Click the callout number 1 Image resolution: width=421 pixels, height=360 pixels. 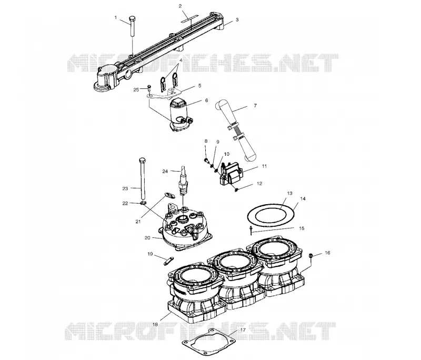pyautogui.click(x=116, y=18)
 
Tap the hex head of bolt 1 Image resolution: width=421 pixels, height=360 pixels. pyautogui.click(x=133, y=19)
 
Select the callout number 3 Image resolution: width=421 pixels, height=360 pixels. pyautogui.click(x=237, y=20)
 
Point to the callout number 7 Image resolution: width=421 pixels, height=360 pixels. pyautogui.click(x=255, y=105)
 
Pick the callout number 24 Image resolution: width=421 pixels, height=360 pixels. pyautogui.click(x=165, y=171)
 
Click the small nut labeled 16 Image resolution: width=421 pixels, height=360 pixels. pyautogui.click(x=311, y=255)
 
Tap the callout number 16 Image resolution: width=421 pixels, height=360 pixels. pyautogui.click(x=327, y=253)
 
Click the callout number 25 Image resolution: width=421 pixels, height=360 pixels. pyautogui.click(x=136, y=89)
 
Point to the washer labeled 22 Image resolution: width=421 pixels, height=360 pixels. pyautogui.click(x=143, y=203)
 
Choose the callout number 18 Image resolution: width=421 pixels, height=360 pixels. pyautogui.click(x=155, y=324)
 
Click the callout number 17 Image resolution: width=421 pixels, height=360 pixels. pyautogui.click(x=243, y=329)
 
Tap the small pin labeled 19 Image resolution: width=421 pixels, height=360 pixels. pyautogui.click(x=169, y=261)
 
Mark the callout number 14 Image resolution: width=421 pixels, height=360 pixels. pyautogui.click(x=303, y=199)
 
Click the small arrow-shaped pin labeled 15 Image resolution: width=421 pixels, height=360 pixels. pyautogui.click(x=251, y=230)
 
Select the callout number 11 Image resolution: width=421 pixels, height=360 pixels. pyautogui.click(x=265, y=166)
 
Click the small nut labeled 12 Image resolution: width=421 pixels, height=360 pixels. pyautogui.click(x=236, y=190)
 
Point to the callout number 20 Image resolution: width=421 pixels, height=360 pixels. pyautogui.click(x=147, y=238)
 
